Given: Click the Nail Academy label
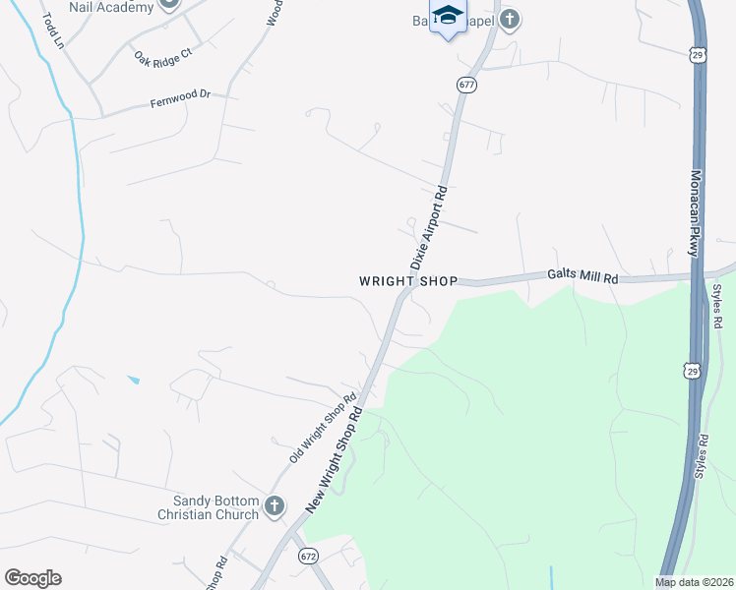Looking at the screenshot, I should pyautogui.click(x=111, y=7).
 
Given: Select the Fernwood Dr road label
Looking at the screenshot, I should pyautogui.click(x=180, y=100).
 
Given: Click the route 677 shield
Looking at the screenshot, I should pyautogui.click(x=466, y=86).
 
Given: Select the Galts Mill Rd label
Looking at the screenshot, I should pyautogui.click(x=583, y=278).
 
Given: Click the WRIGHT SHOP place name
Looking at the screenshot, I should pyautogui.click(x=408, y=281).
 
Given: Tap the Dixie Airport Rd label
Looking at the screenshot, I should pyautogui.click(x=429, y=228).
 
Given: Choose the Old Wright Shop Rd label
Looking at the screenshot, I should pyautogui.click(x=322, y=430).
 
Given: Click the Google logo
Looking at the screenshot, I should pyautogui.click(x=32, y=578).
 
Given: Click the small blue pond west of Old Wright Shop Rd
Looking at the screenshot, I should pyautogui.click(x=133, y=380).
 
